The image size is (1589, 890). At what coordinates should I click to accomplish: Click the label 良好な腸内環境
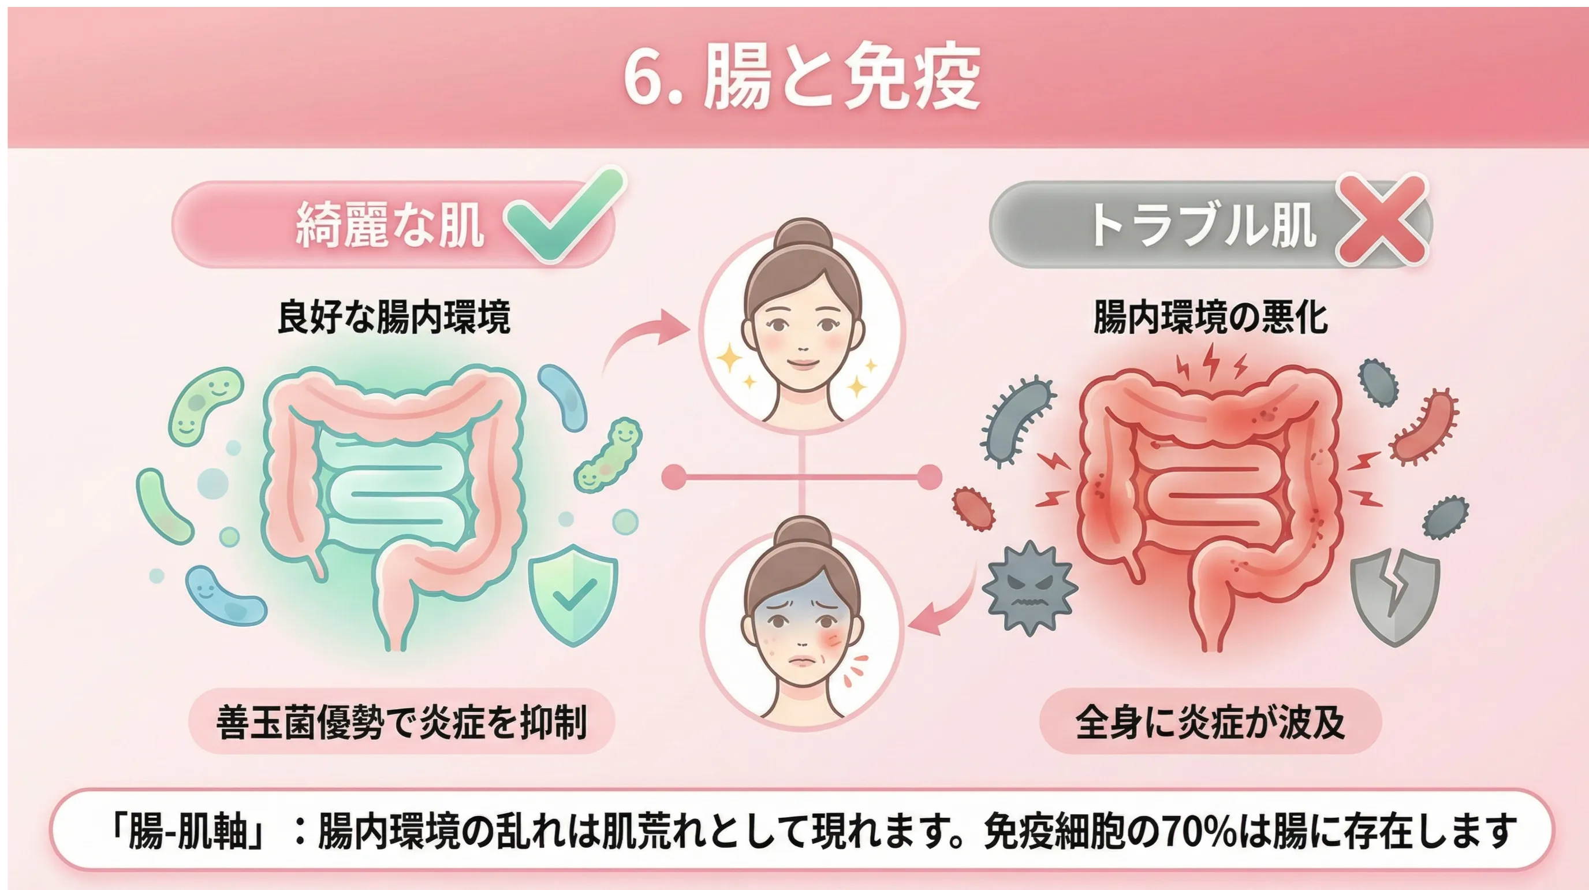(x=394, y=317)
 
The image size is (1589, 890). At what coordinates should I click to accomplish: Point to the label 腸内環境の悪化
(x=1210, y=317)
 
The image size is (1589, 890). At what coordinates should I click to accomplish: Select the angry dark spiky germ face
(x=1028, y=587)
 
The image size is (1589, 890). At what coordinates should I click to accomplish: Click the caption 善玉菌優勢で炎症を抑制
(x=401, y=721)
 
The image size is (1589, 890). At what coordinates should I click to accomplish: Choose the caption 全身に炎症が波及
(x=1210, y=721)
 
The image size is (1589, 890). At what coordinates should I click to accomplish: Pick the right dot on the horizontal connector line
(x=929, y=476)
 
